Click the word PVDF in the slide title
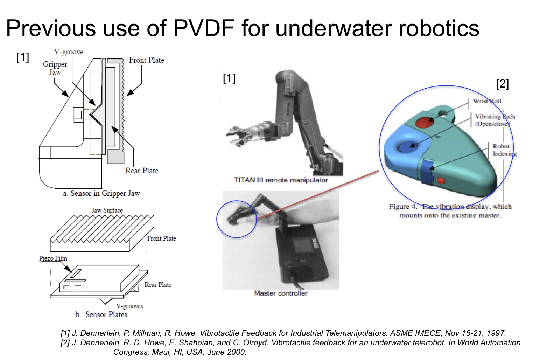(x=204, y=28)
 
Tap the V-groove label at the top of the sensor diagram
(x=69, y=52)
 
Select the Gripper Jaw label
(x=55, y=68)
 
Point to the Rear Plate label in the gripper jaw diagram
(x=142, y=171)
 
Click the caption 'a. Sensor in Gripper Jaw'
(x=101, y=193)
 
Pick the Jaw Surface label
(x=107, y=210)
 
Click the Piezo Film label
(x=53, y=258)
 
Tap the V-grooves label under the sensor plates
(x=129, y=306)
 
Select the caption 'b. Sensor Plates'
(x=101, y=314)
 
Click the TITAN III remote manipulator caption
(x=281, y=180)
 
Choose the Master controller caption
(x=281, y=293)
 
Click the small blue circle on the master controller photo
(x=237, y=219)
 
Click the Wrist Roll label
(x=487, y=101)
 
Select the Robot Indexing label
(x=504, y=150)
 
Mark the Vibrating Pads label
(x=495, y=120)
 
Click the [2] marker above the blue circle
(x=503, y=84)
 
